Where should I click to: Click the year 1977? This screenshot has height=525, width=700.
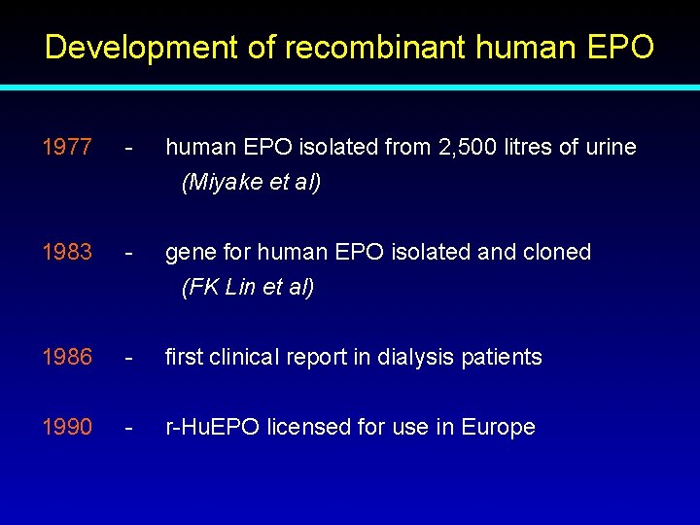click(67, 148)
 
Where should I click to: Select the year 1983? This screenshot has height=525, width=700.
click(67, 253)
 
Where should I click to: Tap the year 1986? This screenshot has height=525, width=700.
click(67, 358)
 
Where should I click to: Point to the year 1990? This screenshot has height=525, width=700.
click(67, 428)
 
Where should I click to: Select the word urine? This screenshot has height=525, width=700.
click(609, 148)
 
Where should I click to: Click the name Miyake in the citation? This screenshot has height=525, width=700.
click(222, 183)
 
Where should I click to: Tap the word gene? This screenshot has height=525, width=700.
click(190, 253)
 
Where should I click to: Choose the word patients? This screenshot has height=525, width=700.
click(501, 358)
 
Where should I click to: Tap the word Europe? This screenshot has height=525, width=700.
click(498, 428)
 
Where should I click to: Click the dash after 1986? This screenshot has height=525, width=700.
click(128, 358)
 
